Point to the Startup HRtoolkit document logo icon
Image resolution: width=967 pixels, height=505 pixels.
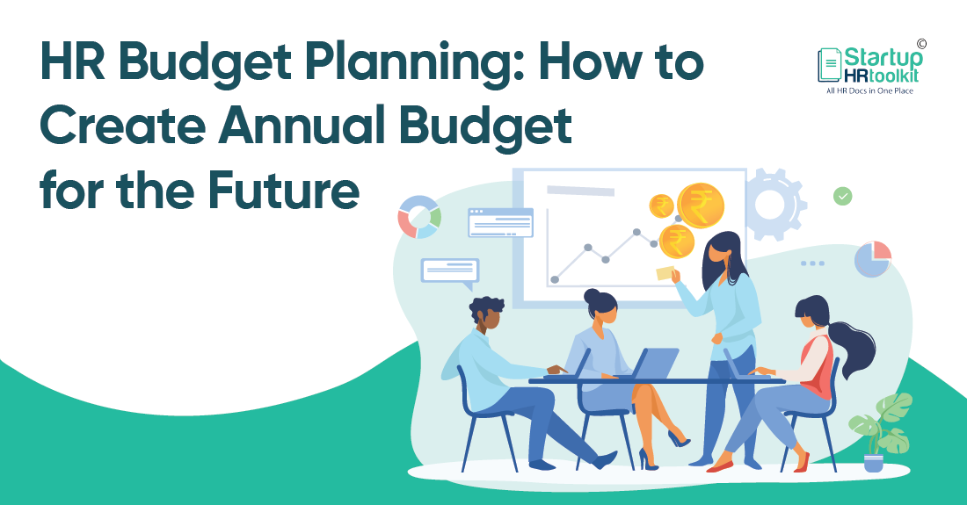tap(830, 65)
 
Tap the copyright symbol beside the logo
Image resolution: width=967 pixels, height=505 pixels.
tap(921, 43)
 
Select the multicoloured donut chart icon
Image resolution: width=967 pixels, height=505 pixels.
tap(419, 217)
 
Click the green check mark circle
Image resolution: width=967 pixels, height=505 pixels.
tap(843, 196)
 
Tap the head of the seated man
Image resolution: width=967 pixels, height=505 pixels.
tap(486, 314)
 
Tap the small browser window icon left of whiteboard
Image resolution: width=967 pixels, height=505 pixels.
tap(500, 222)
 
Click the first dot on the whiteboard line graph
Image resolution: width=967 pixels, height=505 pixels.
tap(555, 279)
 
